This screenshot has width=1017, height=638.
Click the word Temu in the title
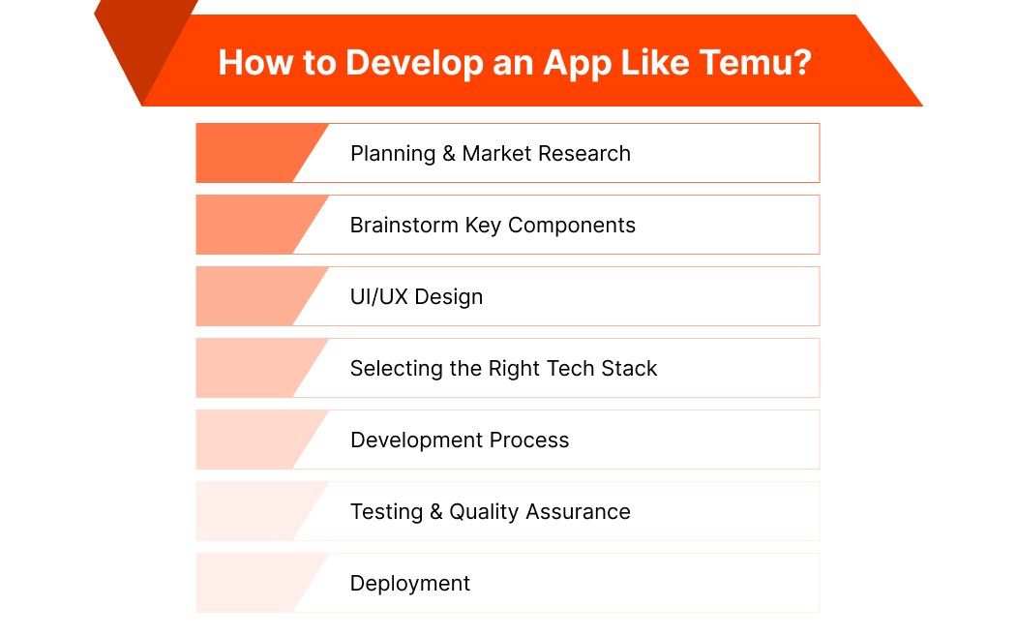click(739, 63)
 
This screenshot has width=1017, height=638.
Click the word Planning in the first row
click(393, 154)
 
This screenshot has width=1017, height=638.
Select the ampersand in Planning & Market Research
click(449, 154)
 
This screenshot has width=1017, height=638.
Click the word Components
click(572, 226)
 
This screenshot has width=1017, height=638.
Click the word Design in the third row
click(451, 297)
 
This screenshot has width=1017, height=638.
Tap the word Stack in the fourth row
click(627, 369)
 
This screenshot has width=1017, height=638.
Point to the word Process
click(529, 441)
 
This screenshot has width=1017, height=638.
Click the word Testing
click(387, 512)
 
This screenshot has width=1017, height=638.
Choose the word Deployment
click(410, 584)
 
